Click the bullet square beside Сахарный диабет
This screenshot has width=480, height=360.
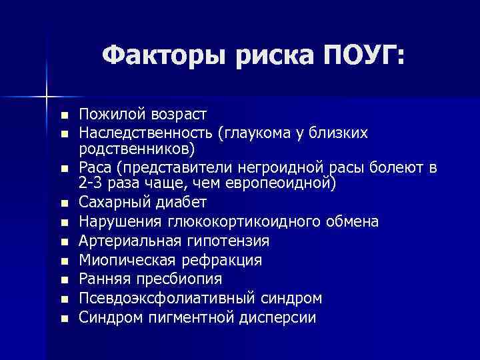[x=63, y=203]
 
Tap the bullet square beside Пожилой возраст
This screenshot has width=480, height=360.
[x=63, y=117]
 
